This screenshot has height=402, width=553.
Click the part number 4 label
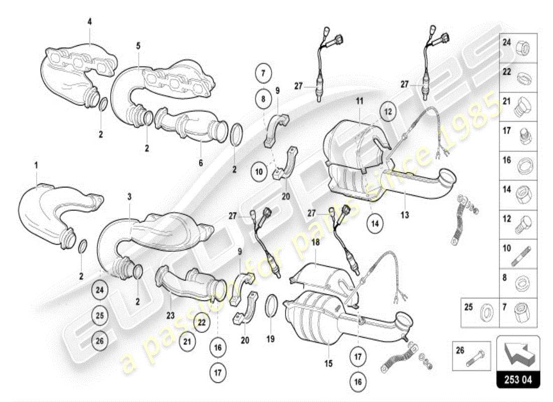[89, 22]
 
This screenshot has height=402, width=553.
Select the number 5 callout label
[138, 46]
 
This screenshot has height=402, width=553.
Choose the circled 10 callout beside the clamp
[259, 172]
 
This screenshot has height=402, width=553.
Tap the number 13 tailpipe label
[405, 215]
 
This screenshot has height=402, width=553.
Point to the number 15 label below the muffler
[328, 362]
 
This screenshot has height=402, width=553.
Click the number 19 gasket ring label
[270, 339]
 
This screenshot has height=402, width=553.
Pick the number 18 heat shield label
[315, 242]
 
